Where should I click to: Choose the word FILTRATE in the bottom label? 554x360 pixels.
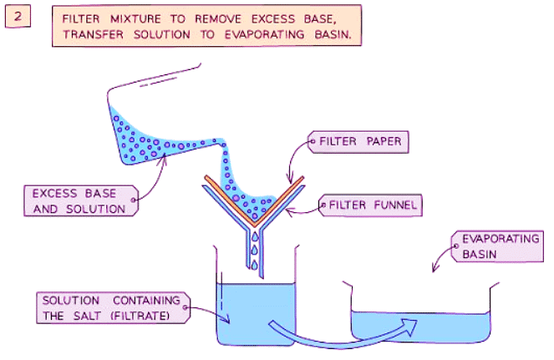tap(147, 316)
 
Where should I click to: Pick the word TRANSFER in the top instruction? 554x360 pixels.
tap(89, 37)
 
